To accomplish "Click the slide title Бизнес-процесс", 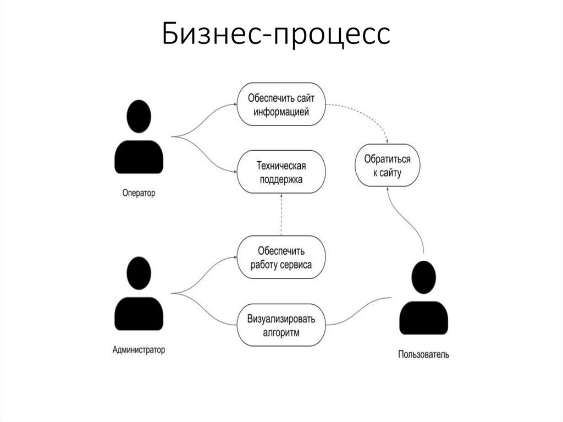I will tap(276, 35).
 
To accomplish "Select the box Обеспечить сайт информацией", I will tap(280, 105).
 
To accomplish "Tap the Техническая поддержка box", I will tap(280, 172).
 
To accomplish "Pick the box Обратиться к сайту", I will tap(387, 166).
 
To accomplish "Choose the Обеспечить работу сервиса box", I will tap(280, 257).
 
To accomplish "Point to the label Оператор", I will tap(139, 193).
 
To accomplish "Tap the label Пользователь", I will tap(423, 355).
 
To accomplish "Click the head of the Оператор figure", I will tap(139, 117).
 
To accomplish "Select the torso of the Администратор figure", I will tap(139, 314).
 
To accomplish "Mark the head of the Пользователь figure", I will tap(423, 277).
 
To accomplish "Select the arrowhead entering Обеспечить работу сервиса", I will tap(233, 257).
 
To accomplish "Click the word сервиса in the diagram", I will tap(297, 265).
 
